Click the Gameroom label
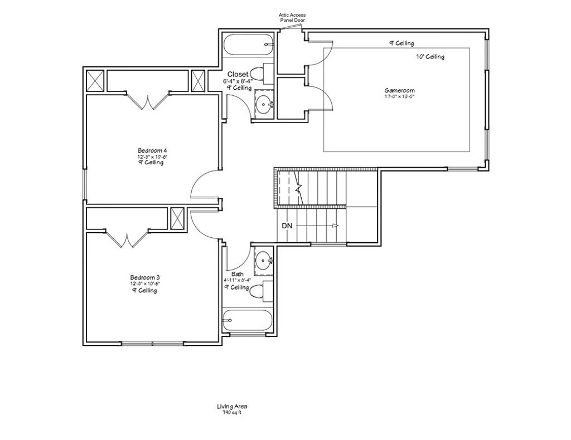(399, 90)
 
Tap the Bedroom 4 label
(152, 150)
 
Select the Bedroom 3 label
(145, 277)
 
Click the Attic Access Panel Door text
(292, 17)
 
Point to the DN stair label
(287, 226)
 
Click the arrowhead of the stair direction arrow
(335, 226)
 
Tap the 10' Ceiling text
(430, 57)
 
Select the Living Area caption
(232, 407)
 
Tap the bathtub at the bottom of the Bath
(247, 320)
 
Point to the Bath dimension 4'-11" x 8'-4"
(237, 280)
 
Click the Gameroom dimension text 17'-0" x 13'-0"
(399, 96)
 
